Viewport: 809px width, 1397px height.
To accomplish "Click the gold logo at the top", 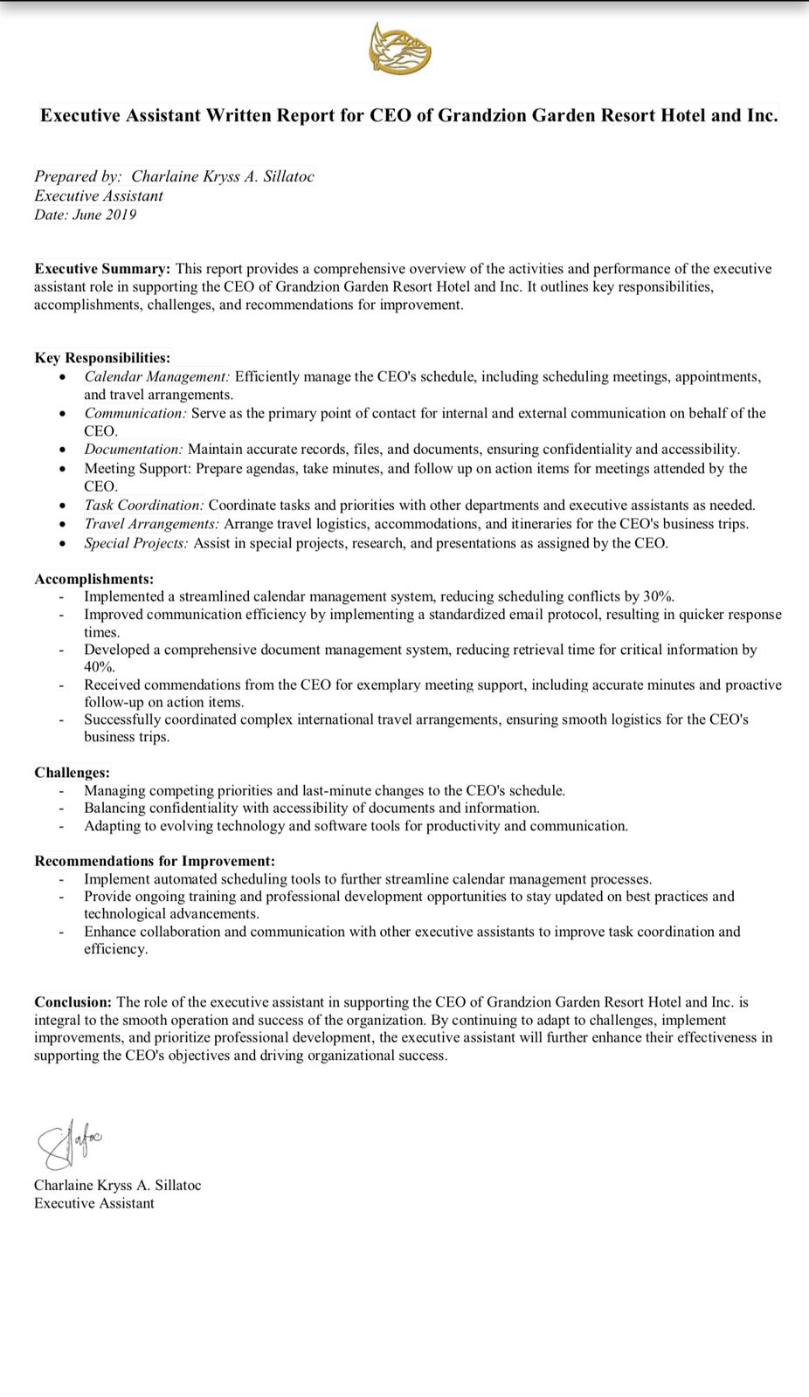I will point(400,49).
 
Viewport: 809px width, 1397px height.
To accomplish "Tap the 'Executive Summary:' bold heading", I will point(102,269).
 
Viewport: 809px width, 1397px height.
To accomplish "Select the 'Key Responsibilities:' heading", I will point(102,358).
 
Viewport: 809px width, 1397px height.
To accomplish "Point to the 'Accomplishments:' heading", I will point(93,579).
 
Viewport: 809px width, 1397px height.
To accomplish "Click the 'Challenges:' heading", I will point(72,773).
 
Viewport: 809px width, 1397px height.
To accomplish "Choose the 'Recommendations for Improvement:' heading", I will point(155,861).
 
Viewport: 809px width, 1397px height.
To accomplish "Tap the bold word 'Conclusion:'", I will point(73,1002).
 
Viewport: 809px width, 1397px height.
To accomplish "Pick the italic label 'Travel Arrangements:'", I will point(151,524).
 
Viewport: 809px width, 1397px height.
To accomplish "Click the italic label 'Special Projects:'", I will point(135,543).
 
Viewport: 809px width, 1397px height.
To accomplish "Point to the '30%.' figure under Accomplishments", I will point(659,597).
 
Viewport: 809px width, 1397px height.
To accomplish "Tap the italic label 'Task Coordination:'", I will point(144,506).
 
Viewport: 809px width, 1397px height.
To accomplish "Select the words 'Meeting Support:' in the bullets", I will point(137,469).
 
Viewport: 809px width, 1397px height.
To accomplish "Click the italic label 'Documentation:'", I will point(134,450).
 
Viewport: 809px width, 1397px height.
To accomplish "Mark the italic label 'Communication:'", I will point(135,413).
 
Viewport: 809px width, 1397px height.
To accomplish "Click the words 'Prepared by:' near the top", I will point(78,176).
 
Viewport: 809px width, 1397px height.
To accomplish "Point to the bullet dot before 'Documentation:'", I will point(62,451).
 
